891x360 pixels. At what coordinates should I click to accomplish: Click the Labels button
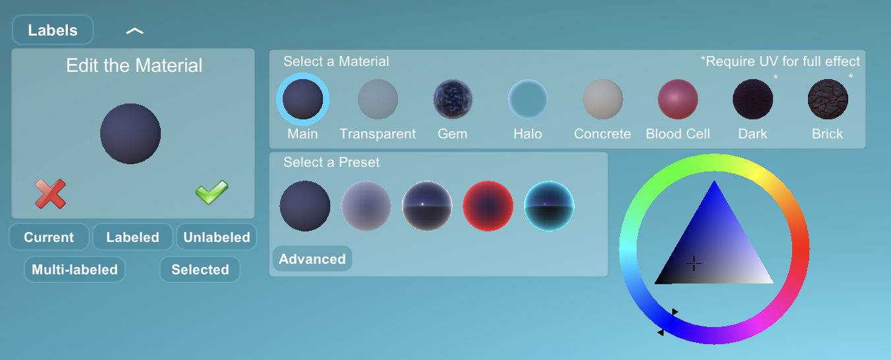point(53,30)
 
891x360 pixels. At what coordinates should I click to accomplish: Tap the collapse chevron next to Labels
point(135,30)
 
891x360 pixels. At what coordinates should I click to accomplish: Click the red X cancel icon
point(50,194)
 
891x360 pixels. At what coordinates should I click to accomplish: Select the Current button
point(49,237)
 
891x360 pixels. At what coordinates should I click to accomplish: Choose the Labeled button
point(132,237)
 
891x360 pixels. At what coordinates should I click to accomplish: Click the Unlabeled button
point(216,237)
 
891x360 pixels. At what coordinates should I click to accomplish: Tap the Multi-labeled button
point(74,269)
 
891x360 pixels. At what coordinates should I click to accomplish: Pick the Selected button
point(200,269)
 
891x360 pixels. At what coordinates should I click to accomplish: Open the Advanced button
point(312,259)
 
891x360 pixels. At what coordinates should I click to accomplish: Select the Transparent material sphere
point(378,99)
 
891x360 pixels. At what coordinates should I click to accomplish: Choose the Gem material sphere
point(453,99)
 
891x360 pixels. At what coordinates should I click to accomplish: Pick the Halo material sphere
point(527,99)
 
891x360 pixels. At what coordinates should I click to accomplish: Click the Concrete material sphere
point(602,99)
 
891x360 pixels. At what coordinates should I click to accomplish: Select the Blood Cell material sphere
point(677,99)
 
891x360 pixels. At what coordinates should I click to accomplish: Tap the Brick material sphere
point(828,99)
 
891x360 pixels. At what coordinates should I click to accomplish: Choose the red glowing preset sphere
point(488,206)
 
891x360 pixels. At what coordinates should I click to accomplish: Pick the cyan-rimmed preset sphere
point(549,206)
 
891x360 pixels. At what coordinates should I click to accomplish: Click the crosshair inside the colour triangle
point(694,263)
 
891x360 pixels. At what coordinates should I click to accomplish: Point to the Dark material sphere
point(753,99)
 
